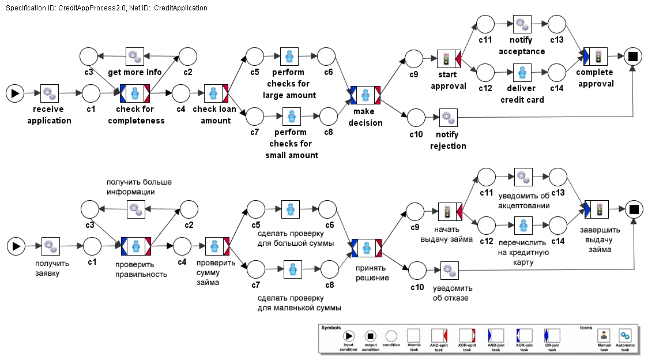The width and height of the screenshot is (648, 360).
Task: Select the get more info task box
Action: pos(135,57)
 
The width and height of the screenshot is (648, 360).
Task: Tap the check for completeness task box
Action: pos(135,93)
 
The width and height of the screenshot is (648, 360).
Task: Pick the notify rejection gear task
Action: pos(448,118)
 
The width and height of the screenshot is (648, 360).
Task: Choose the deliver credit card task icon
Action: pos(522,73)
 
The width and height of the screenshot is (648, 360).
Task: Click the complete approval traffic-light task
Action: pos(596,57)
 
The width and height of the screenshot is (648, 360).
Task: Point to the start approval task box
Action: pos(447,58)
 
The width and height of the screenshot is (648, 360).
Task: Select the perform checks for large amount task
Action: pos(289,57)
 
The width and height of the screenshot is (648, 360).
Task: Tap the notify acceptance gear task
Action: pos(522,24)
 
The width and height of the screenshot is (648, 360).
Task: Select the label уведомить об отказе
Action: pos(453,293)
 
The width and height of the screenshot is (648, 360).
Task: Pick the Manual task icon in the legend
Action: pos(604,336)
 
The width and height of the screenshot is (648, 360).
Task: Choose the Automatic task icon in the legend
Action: pos(625,336)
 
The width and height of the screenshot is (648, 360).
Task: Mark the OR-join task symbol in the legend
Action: pos(552,335)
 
